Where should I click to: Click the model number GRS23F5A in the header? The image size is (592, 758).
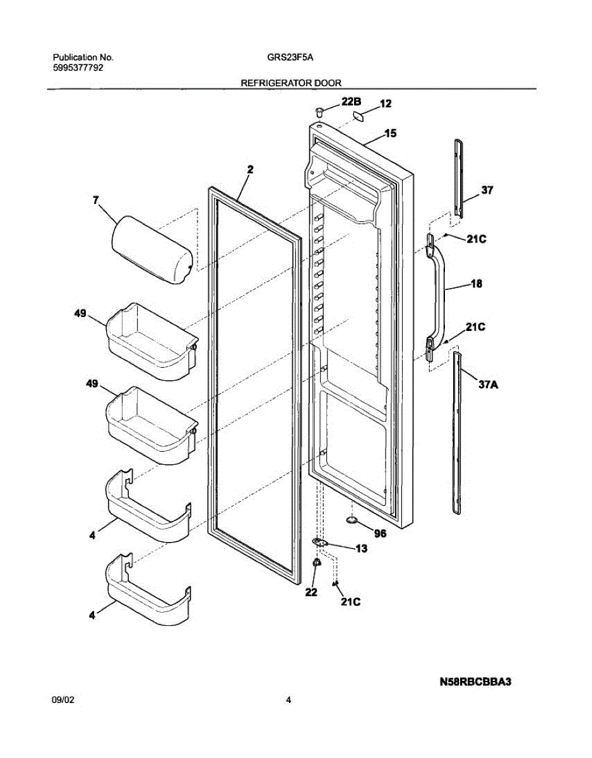(290, 57)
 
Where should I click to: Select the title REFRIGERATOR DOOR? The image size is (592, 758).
(292, 83)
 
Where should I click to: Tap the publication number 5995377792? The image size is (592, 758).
(78, 68)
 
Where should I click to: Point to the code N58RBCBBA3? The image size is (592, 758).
(475, 682)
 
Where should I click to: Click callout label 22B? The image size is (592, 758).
(351, 102)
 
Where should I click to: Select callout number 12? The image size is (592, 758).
(386, 104)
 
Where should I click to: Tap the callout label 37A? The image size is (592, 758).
(488, 385)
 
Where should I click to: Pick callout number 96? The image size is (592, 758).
(380, 533)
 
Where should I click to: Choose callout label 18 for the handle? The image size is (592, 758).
(477, 284)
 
